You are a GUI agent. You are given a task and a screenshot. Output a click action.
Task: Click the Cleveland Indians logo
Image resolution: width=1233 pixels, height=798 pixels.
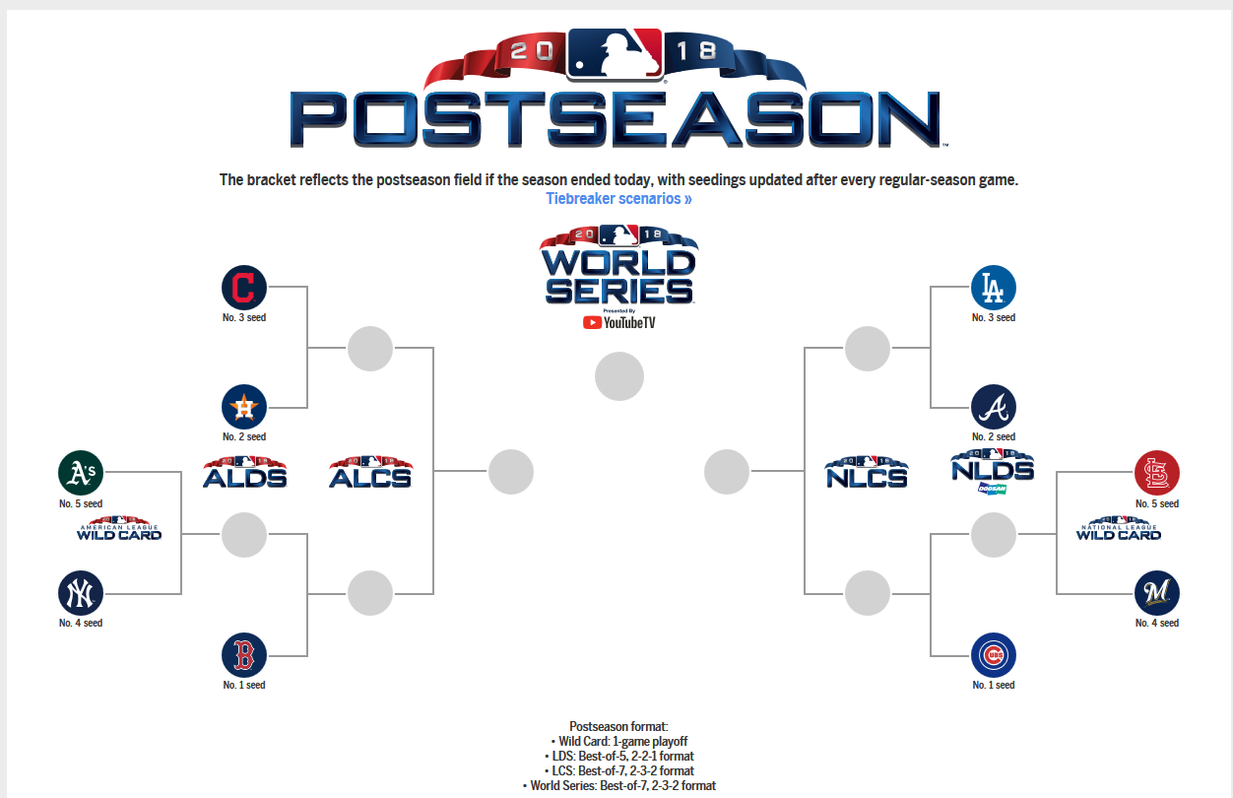244,288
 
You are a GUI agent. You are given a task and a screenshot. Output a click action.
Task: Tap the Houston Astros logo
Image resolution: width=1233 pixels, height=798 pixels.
244,407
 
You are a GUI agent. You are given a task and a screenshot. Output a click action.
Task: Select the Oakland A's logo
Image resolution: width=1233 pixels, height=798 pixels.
81,473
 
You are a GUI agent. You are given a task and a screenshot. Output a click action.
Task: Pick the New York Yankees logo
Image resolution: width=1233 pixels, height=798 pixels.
81,593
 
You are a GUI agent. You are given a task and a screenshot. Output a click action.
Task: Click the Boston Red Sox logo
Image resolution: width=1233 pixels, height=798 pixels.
244,655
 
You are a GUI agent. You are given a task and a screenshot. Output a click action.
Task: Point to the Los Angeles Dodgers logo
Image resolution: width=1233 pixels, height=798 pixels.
993,288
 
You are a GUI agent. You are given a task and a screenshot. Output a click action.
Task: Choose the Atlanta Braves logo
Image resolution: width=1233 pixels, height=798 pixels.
993,407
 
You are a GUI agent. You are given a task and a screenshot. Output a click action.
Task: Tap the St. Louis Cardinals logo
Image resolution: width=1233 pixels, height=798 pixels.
1156,473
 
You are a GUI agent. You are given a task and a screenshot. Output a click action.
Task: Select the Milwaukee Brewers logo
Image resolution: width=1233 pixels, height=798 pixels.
1156,593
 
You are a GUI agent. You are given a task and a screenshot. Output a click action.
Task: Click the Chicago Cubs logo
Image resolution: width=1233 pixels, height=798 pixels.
993,655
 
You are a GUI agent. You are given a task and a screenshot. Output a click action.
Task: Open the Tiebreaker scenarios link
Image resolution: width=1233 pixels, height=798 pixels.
618,199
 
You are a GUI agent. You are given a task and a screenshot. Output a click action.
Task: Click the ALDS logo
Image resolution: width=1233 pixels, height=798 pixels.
244,473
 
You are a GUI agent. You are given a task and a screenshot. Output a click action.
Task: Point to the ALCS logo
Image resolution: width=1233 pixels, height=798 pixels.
370,473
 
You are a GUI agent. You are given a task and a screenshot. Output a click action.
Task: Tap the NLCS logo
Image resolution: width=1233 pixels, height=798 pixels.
867,473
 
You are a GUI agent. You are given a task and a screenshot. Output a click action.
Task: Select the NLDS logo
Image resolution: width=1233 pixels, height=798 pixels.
993,472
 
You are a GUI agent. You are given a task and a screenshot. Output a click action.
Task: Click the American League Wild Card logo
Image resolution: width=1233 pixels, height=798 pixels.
119,528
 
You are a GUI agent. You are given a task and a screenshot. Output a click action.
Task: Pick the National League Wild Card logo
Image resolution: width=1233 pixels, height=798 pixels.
1119,528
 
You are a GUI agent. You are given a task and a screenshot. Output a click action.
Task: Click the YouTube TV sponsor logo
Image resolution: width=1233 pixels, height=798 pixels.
619,322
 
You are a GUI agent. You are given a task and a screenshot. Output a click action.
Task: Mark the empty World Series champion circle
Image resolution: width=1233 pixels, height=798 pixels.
619,376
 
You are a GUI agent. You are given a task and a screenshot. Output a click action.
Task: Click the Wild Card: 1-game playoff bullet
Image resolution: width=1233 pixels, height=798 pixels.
619,741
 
